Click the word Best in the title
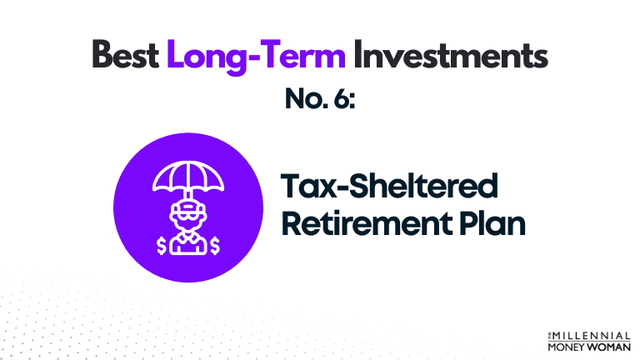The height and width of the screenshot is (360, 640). (x=125, y=56)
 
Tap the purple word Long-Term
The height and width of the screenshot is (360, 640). (x=255, y=56)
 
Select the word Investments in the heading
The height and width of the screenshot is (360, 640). (x=451, y=56)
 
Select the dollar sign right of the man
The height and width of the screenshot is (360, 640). (x=215, y=245)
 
